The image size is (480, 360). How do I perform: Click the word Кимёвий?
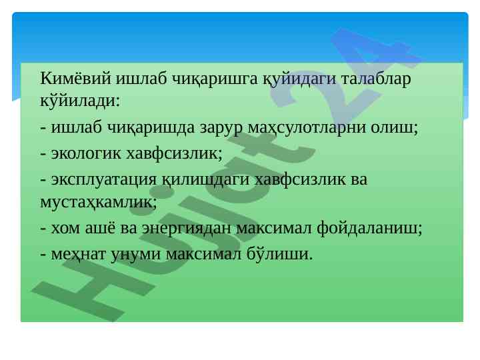(x=75, y=79)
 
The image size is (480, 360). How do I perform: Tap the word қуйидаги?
(x=299, y=79)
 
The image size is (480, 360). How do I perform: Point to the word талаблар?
(x=375, y=79)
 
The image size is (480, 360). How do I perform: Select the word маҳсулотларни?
(x=307, y=128)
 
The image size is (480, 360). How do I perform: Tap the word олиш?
(x=394, y=127)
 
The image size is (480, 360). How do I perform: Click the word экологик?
(x=86, y=153)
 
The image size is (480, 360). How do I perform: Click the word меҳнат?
(x=79, y=254)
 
